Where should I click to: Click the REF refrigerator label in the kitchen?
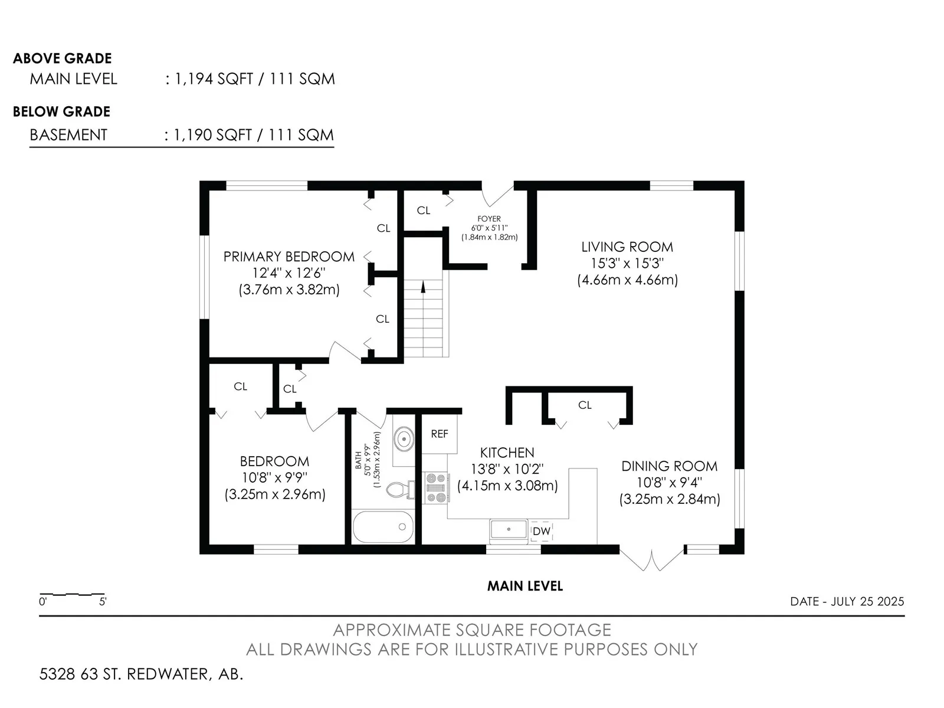439,434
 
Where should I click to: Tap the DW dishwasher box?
541,532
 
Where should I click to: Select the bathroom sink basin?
404,440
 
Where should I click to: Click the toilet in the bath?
400,490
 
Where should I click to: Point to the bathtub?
383,527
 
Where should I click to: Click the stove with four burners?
435,487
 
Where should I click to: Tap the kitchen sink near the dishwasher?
509,529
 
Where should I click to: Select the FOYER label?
489,219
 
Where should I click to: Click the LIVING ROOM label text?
627,247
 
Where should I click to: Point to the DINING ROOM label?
669,467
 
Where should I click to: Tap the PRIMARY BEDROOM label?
289,257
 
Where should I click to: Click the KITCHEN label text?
507,453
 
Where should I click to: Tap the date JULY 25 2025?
867,601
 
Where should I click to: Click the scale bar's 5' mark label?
103,602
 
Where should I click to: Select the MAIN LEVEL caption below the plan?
525,586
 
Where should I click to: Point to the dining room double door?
651,560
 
